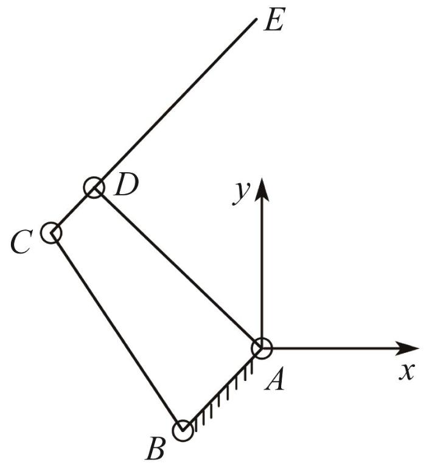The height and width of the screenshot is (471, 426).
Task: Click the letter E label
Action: (274, 19)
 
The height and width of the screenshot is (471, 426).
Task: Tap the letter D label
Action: (126, 184)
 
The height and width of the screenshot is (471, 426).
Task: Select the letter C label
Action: (21, 242)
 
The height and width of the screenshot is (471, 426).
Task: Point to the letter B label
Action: (155, 448)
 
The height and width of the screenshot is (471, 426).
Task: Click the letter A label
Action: (274, 379)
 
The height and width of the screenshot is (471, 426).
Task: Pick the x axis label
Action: (407, 372)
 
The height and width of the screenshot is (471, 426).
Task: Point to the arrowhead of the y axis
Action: (262, 189)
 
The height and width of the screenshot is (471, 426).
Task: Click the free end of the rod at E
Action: (256, 19)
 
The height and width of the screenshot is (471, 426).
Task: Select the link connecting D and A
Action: (178, 268)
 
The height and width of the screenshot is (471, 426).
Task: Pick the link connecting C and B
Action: (117, 332)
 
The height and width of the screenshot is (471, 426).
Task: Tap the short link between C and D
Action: (73, 211)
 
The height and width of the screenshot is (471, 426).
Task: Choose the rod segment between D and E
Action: (175, 103)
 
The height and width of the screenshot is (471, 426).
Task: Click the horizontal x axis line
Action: (340, 349)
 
